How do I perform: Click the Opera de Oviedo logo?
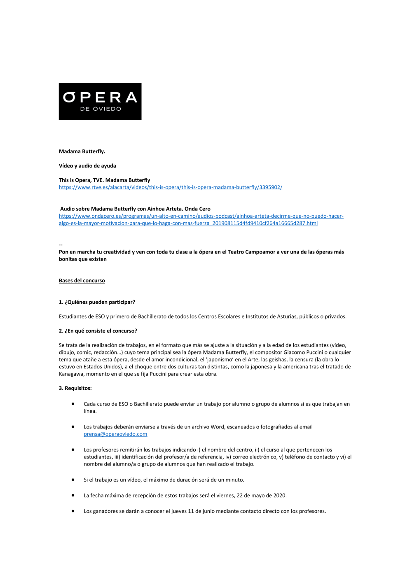pos(100,101)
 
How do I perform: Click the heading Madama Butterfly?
pos(82,151)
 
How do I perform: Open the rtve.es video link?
pos(171,187)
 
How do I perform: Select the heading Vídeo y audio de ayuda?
pos(87,166)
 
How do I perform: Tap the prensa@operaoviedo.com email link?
pos(115,434)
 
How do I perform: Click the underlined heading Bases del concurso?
pos(82,281)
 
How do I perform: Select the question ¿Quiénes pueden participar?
pos(100,302)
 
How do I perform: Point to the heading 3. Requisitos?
pos(75,388)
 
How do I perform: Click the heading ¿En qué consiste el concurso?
pos(101,331)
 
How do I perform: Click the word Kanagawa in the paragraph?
pos(71,374)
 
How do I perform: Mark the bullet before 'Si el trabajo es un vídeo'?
pos(73,480)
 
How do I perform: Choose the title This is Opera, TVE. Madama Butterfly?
pos(105,180)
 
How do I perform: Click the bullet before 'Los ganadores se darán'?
pos(73,511)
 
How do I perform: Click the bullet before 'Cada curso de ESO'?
pos(73,404)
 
